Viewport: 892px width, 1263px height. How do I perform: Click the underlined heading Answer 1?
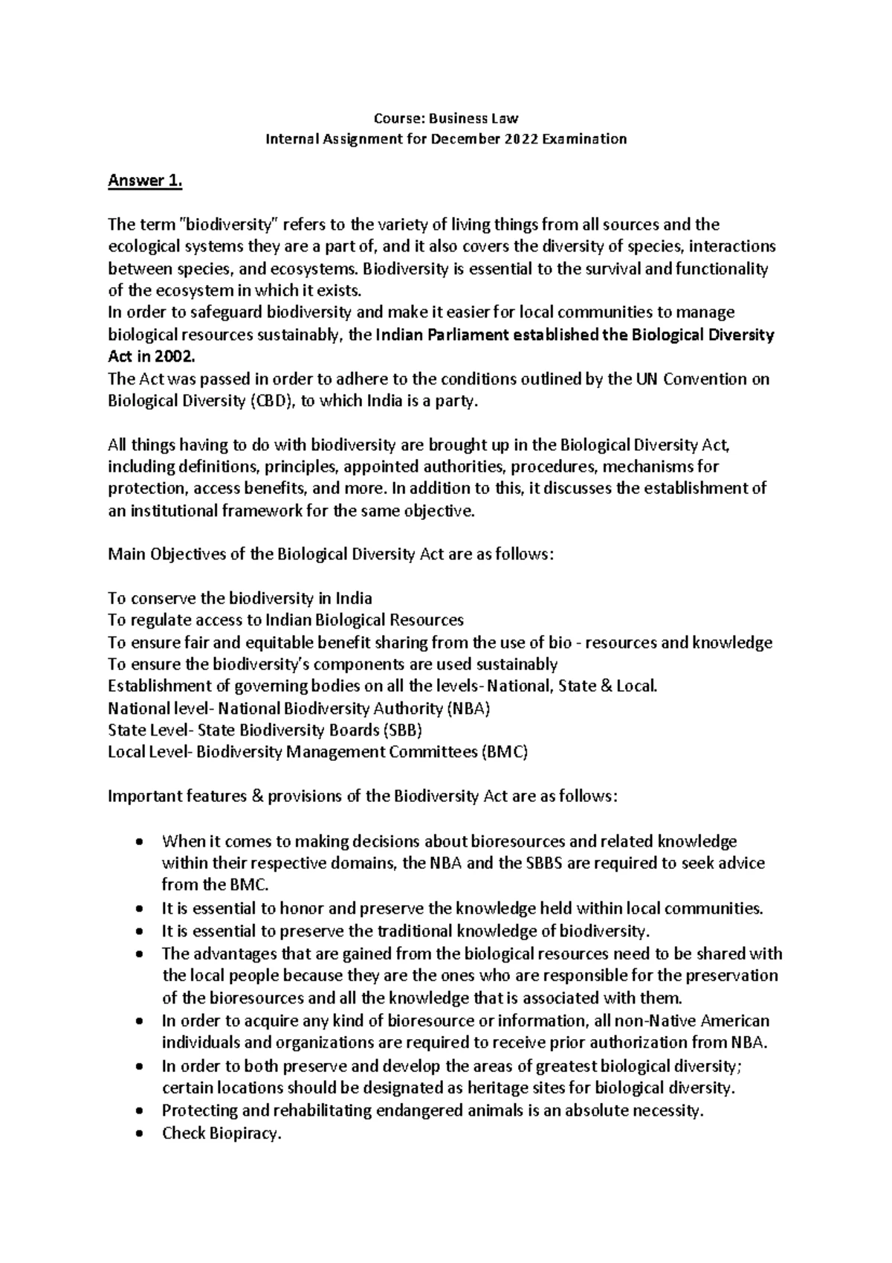(145, 181)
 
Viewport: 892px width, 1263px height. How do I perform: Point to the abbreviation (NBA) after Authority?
(468, 708)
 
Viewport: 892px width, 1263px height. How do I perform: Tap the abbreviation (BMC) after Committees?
(505, 752)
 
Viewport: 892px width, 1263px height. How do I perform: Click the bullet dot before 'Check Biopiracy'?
(140, 1134)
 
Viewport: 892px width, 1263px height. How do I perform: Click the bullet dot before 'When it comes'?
(140, 842)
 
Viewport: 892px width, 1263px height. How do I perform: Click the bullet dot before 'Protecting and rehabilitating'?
(140, 1112)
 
